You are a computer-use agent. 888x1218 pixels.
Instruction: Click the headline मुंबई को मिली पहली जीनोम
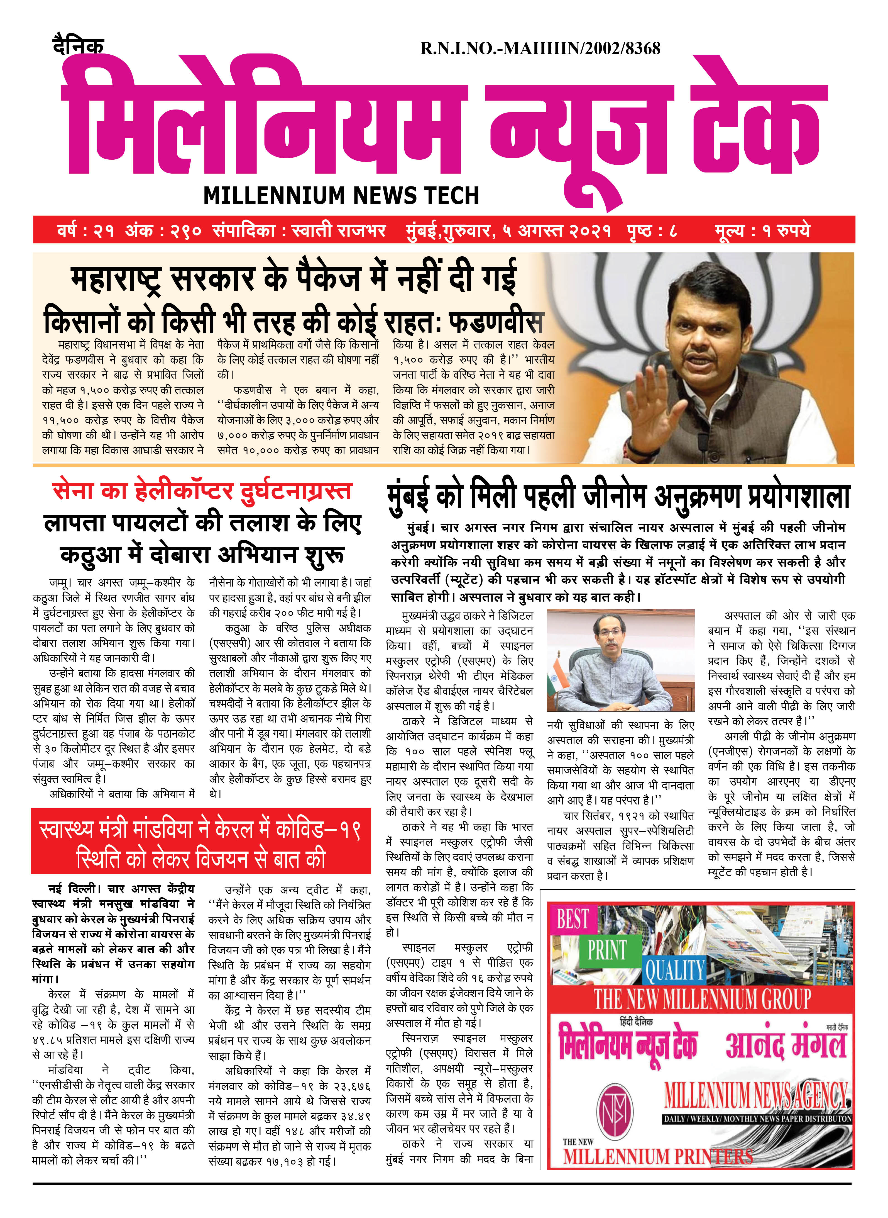pos(618,496)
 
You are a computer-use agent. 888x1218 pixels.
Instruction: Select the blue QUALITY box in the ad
pos(674,971)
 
